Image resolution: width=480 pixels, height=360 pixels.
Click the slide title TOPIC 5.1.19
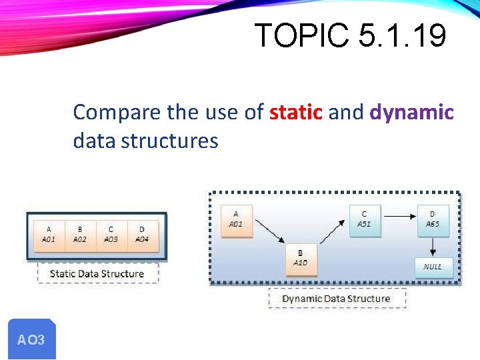350,35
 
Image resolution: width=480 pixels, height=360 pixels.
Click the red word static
296,112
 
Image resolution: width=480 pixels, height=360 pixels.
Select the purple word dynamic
411,112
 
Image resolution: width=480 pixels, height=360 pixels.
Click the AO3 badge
31,339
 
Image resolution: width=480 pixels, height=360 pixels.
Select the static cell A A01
49,235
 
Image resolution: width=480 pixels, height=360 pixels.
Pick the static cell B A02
80,235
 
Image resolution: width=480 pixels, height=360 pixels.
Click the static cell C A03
111,235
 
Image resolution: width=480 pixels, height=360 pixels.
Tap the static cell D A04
142,235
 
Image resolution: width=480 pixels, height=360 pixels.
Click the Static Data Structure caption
97,273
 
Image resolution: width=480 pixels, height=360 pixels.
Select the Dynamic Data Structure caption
336,298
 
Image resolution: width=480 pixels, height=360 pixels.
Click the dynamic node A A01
236,220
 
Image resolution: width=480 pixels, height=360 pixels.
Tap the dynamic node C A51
364,220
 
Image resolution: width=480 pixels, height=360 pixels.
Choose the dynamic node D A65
432,220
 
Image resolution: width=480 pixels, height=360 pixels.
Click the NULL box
432,267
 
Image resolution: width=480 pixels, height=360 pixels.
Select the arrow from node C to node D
398,216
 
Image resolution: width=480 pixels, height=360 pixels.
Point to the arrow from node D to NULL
432,245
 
